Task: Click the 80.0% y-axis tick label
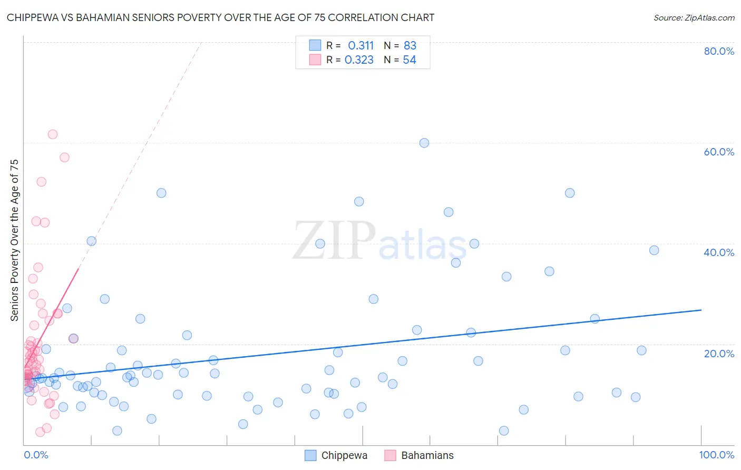pyautogui.click(x=719, y=51)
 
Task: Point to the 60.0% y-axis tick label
pyautogui.click(x=719, y=152)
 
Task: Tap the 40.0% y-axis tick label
pyautogui.click(x=719, y=252)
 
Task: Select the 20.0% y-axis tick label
pyautogui.click(x=719, y=353)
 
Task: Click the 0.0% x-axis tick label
pyautogui.click(x=36, y=455)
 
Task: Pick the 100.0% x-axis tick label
pyautogui.click(x=716, y=455)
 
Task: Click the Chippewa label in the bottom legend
pyautogui.click(x=344, y=455)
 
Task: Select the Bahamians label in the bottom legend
pyautogui.click(x=427, y=455)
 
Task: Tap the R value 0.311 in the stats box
pyautogui.click(x=360, y=46)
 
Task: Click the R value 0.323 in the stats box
pyautogui.click(x=359, y=60)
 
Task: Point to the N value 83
pyautogui.click(x=410, y=46)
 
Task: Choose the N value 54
pyautogui.click(x=409, y=60)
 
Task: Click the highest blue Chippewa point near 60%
pyautogui.click(x=424, y=143)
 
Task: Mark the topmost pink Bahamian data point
pyautogui.click(x=53, y=134)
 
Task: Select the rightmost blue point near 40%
pyautogui.click(x=654, y=250)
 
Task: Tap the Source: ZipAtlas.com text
pyautogui.click(x=694, y=17)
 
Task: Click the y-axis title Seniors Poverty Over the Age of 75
pyautogui.click(x=14, y=240)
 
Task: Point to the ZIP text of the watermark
pyautogui.click(x=334, y=241)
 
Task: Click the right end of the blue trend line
pyautogui.click(x=701, y=310)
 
